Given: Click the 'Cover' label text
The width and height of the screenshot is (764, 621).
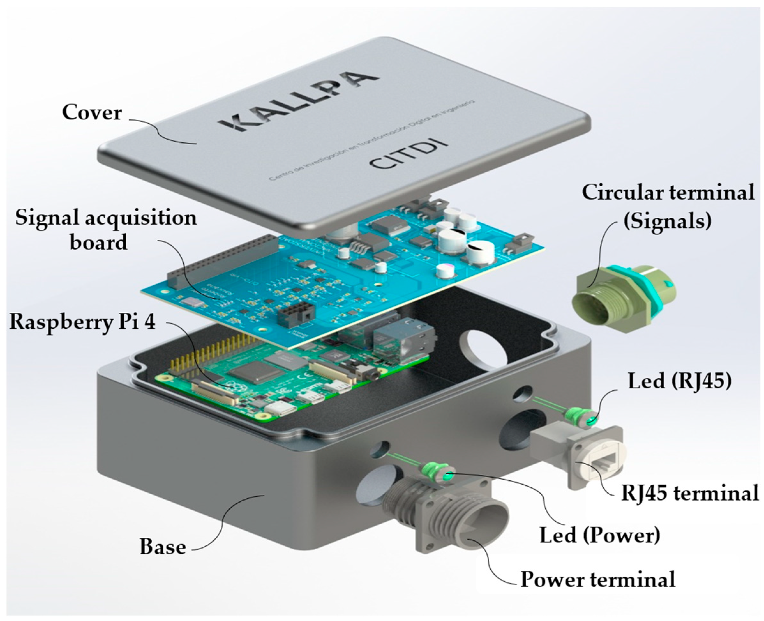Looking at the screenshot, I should coord(92,112).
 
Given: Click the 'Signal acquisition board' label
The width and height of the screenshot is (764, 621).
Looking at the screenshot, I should coord(106,230).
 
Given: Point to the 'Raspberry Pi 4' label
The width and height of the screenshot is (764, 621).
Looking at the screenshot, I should coord(83,322).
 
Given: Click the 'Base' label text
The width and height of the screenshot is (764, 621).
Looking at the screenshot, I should coord(163,547).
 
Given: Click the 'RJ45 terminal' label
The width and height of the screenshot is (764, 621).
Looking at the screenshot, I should coord(689,493).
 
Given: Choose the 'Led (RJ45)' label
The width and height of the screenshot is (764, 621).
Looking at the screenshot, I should coord(679,382).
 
